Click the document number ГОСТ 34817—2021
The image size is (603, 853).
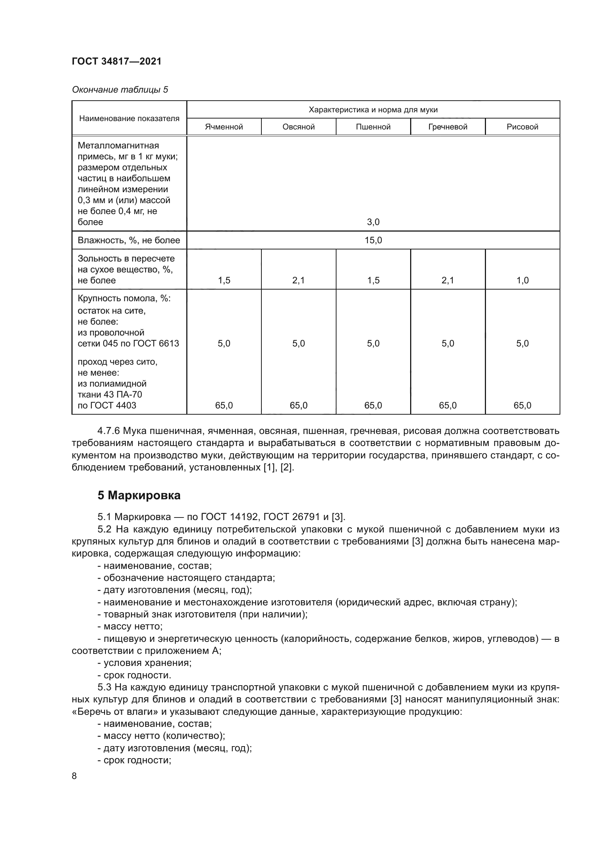117,61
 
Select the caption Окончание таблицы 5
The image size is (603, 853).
120,90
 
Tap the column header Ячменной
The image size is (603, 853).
224,127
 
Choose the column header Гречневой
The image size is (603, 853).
447,127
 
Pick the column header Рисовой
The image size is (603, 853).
522,127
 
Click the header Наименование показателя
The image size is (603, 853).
129,119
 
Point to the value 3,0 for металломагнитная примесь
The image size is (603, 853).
373,222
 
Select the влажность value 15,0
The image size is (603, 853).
373,240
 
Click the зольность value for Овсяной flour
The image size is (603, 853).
298,280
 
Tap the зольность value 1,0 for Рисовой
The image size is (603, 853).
522,280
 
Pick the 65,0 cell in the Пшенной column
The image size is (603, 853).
373,405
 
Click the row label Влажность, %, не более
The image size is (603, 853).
128,240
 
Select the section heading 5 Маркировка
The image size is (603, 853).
139,495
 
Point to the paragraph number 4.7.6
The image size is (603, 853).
108,431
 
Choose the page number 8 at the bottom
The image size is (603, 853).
74,776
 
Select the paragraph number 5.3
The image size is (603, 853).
105,687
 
